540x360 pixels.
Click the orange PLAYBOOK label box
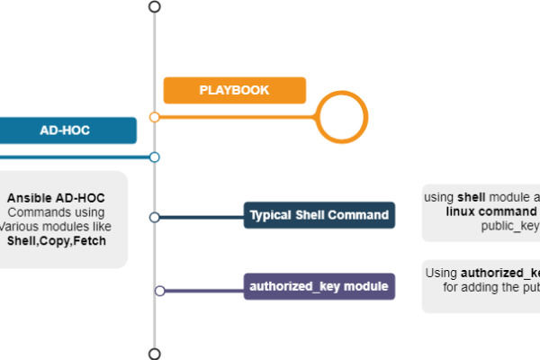click(x=234, y=90)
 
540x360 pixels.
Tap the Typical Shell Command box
click(x=319, y=215)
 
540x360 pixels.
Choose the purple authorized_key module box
click(x=319, y=287)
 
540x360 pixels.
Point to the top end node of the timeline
click(x=155, y=6)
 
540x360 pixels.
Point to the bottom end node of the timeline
click(x=155, y=354)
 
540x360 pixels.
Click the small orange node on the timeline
click(x=155, y=117)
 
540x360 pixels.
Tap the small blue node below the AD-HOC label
click(x=155, y=157)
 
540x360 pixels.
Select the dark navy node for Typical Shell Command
click(x=155, y=217)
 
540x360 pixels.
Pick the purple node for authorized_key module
click(x=159, y=290)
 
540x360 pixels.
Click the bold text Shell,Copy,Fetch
click(x=55, y=240)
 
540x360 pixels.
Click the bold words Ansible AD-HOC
click(x=56, y=198)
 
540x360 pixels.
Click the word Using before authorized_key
click(x=441, y=273)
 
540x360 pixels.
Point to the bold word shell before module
click(x=472, y=196)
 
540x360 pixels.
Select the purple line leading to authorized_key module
click(x=203, y=290)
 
